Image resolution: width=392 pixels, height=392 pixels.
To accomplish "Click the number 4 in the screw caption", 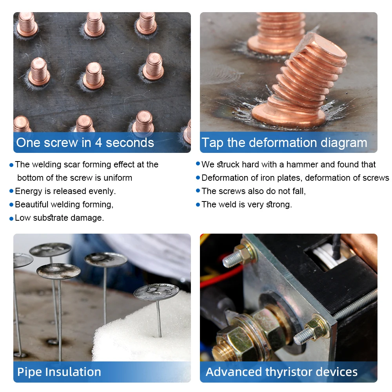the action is [98, 143].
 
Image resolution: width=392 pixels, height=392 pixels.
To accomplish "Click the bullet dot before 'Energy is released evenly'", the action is [11, 191].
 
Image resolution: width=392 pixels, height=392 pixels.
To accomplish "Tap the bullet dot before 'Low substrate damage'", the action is [11, 218].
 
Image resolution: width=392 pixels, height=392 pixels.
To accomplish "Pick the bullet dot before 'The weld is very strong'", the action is [198, 205].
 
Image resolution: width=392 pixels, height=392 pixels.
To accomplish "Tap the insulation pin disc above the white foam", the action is [156, 291].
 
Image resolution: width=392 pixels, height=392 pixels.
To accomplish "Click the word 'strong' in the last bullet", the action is [279, 205].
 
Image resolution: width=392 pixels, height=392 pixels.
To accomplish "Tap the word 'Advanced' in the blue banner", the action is [234, 372].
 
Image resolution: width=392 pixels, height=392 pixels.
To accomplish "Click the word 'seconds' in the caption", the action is [130, 143].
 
